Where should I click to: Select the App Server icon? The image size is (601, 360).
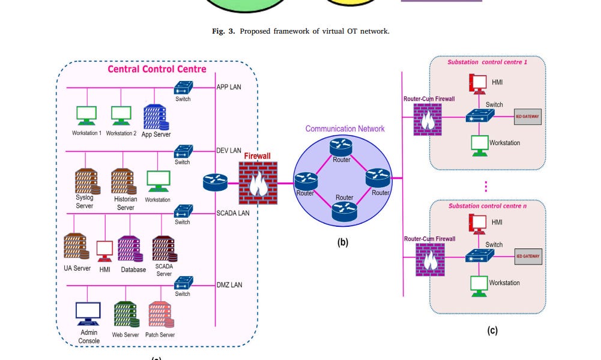pos(155,116)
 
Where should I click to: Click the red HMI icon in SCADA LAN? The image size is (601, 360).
pos(105,250)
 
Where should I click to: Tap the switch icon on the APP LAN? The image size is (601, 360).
pos(183,88)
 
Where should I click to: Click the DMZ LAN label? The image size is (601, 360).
pos(229,285)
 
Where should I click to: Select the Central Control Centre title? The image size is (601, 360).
pos(157,69)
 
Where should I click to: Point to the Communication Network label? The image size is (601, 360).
pos(345,128)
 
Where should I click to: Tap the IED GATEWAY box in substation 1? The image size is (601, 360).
pos(528,116)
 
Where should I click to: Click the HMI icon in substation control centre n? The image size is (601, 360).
pos(478,223)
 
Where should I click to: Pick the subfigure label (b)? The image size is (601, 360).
pos(342,243)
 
